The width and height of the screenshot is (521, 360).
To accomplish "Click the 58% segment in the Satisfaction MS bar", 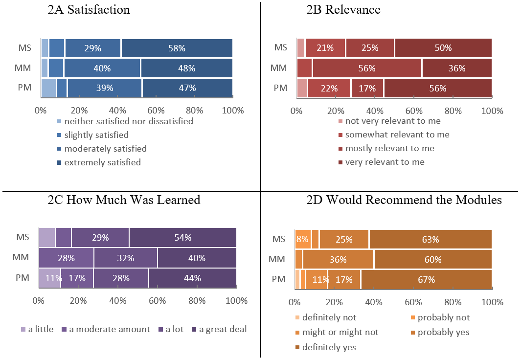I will pos(177,48).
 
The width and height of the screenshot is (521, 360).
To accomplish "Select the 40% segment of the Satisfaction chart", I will pos(102,68).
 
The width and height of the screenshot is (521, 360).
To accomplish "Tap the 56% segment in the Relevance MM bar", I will pos(367,68).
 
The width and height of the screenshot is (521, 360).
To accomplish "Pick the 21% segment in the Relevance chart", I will pos(325,48).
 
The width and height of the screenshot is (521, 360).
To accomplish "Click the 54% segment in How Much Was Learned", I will pos(182,237).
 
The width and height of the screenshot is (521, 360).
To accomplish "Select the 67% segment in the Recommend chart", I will pos(426,280).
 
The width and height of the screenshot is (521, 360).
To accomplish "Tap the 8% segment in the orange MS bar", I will pos(303,240).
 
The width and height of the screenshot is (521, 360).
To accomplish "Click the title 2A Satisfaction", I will pos(89,10).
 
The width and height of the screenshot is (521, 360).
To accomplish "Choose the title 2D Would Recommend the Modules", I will pos(404,200).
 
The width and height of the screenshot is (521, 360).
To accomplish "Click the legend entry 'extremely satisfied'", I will pos(102,162).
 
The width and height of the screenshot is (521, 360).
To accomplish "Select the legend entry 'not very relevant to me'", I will pos(393,121).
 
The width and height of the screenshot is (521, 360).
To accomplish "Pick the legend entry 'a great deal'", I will pos(223,329).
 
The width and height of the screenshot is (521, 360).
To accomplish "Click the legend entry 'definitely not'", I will pos(329,317).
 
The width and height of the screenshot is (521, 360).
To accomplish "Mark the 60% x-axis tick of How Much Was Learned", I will pos(158,300).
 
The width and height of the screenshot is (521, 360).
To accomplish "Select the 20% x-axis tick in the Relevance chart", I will pos(336,111).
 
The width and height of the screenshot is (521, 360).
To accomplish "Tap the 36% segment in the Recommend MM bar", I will pos(338,260).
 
